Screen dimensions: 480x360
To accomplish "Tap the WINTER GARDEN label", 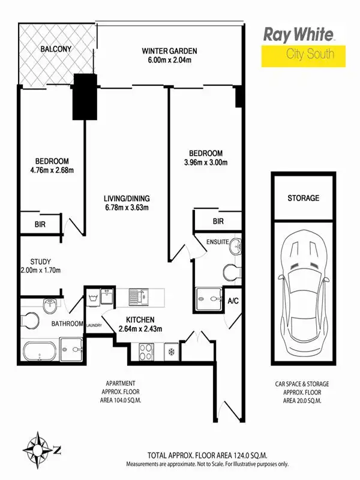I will click(x=169, y=51).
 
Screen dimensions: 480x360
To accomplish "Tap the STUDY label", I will click(x=40, y=261).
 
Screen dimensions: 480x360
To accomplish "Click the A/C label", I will click(x=233, y=302).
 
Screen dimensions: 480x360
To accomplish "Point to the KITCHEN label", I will click(x=140, y=319).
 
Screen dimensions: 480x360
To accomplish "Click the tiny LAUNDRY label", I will click(x=94, y=326).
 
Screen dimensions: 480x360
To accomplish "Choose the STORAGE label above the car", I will click(x=303, y=198).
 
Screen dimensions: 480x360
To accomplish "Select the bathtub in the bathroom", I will click(x=42, y=350).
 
